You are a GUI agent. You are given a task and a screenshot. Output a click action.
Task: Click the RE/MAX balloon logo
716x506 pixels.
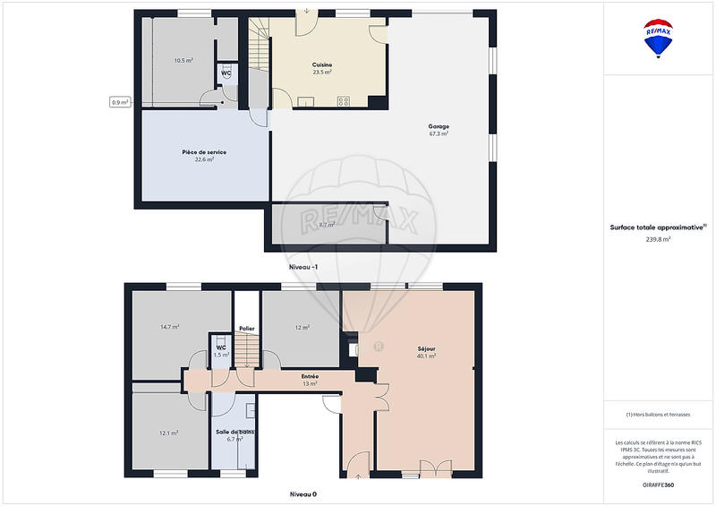point(659,39)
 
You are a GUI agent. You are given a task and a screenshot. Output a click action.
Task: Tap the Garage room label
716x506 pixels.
point(438,126)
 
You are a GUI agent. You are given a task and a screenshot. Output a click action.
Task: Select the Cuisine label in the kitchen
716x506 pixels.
point(322,64)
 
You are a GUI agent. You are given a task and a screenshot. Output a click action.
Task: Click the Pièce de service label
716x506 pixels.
point(204,152)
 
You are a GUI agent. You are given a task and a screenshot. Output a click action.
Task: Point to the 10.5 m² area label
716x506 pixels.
point(183,61)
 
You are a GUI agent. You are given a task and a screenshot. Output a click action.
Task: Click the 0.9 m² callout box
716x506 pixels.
point(120,102)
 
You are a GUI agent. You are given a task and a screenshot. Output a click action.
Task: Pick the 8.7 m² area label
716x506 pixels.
point(327,225)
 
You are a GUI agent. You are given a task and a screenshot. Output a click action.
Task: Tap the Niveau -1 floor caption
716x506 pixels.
point(303,268)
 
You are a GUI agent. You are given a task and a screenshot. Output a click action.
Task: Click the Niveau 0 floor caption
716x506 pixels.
point(303,493)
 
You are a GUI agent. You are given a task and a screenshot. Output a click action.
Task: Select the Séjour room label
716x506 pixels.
point(426,348)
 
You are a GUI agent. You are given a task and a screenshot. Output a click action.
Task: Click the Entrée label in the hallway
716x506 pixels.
point(311,376)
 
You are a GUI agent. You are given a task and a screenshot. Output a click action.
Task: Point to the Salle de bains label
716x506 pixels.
point(234,432)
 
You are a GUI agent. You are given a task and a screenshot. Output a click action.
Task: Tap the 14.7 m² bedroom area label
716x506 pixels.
point(170,327)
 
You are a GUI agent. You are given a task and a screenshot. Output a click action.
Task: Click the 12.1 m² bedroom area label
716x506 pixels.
point(168,433)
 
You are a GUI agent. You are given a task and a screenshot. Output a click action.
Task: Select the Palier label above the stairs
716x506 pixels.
point(246,329)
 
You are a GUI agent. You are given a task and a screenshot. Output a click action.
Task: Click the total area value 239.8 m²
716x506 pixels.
point(659,239)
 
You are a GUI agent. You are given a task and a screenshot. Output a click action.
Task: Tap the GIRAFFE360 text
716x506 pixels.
point(659,485)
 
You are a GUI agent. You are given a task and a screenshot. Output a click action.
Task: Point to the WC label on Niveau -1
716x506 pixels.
point(226,73)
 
